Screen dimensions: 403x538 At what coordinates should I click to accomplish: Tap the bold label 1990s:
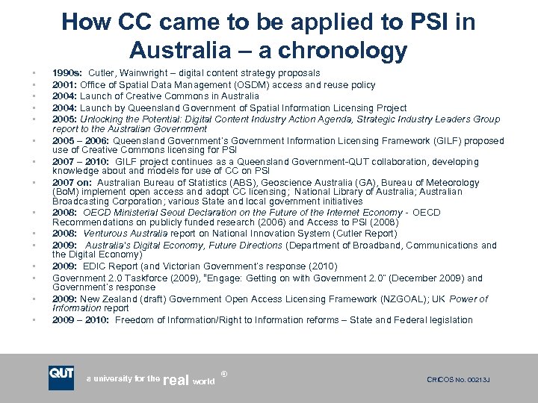pos(67,72)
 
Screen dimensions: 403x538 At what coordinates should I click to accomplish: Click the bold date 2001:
pos(65,84)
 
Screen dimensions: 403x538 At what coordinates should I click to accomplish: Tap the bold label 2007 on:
pos(73,183)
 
